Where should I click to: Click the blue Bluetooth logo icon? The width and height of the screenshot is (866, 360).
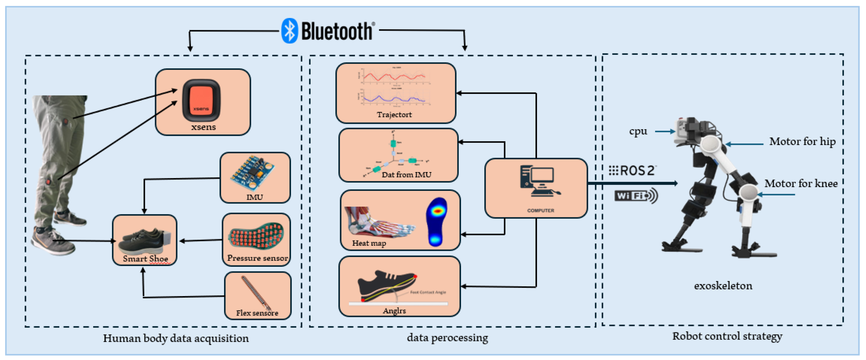[x=289, y=31]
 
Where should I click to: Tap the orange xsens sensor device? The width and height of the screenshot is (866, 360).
[x=201, y=100]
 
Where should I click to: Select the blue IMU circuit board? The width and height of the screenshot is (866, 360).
[x=252, y=173]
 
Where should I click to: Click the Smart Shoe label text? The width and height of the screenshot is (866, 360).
[x=145, y=259]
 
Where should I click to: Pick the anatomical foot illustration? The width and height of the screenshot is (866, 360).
[x=377, y=222]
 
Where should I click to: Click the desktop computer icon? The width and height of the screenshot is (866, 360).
[x=539, y=182]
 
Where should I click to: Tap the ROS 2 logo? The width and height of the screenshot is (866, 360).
[x=632, y=170]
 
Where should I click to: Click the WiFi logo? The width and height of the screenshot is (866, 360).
[x=635, y=196]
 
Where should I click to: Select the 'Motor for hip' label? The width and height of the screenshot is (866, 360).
[x=802, y=142]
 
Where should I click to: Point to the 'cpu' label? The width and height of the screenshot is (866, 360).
[x=638, y=131]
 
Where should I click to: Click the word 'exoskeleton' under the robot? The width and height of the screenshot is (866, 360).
[x=723, y=286]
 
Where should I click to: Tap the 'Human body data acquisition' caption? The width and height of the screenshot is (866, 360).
[x=176, y=338]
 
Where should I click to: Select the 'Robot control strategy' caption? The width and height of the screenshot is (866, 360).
[x=727, y=336]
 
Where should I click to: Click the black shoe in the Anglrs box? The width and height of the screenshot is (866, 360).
[x=383, y=284]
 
